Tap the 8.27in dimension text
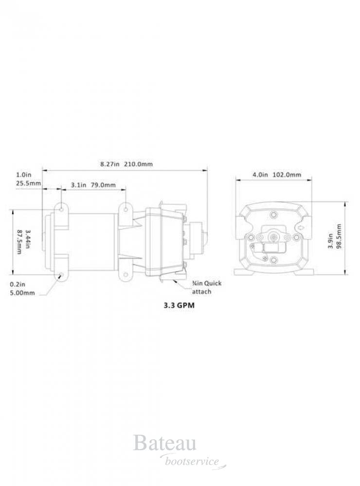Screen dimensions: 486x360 (110, 165)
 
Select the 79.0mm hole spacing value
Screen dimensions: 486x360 (103, 185)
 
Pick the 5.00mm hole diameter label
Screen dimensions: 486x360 (22, 293)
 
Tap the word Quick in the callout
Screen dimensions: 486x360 (213, 284)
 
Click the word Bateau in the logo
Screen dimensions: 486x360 (164, 443)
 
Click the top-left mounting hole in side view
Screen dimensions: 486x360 (62, 209)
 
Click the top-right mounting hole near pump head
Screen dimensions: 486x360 (126, 209)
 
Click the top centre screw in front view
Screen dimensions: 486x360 (274, 214)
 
